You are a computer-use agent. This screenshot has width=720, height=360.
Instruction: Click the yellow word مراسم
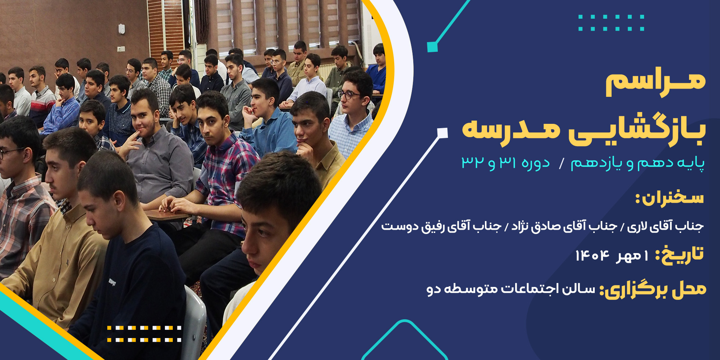click(x=655, y=84)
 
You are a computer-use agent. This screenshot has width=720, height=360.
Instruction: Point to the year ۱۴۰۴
click(x=592, y=256)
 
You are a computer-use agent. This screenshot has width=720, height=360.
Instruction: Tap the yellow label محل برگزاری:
click(x=652, y=290)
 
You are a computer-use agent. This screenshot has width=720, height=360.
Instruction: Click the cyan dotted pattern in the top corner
click(x=611, y=23)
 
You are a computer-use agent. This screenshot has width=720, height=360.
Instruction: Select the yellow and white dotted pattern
click(x=144, y=334)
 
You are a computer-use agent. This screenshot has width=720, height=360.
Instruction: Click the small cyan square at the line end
click(x=432, y=47)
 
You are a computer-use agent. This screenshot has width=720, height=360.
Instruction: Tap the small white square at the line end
click(x=442, y=133)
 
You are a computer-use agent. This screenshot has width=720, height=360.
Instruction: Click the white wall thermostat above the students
click(x=122, y=29)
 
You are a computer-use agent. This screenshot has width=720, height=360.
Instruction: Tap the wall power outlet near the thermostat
click(x=121, y=49)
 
